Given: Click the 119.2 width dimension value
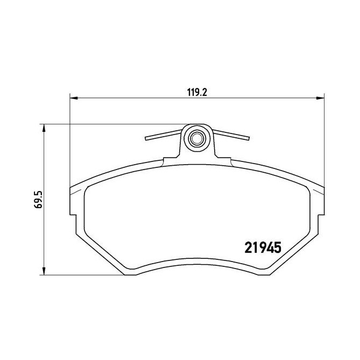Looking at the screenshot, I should (x=196, y=92).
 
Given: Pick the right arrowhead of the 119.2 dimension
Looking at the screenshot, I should (x=321, y=98).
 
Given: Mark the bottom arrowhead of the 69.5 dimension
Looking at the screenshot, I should (x=44, y=271).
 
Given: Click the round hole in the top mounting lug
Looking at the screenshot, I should (x=196, y=139).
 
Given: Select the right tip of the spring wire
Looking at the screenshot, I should (x=249, y=138).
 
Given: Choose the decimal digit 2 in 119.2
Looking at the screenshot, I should (x=204, y=92).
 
